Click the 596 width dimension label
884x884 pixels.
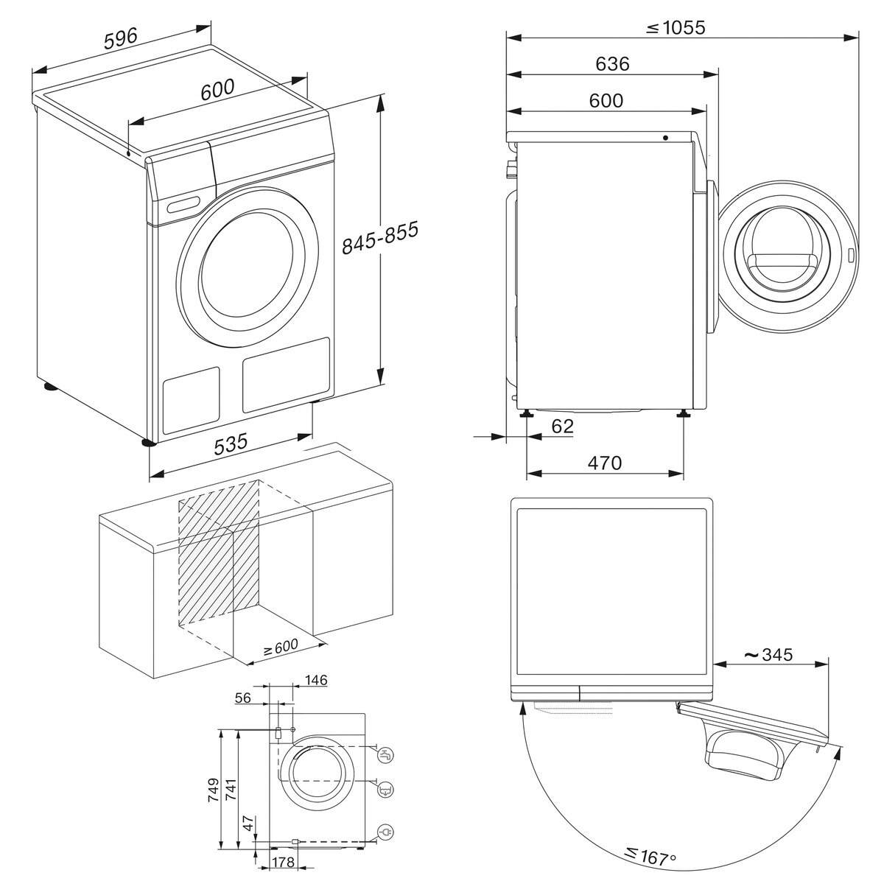(x=120, y=40)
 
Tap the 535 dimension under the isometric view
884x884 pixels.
(x=231, y=444)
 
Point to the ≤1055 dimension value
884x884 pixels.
(x=676, y=28)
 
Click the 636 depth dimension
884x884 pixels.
(x=612, y=64)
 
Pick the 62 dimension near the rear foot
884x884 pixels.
(x=561, y=427)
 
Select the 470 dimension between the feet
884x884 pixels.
(x=605, y=463)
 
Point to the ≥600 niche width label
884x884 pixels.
(x=281, y=648)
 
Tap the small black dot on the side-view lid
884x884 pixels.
(x=665, y=138)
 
